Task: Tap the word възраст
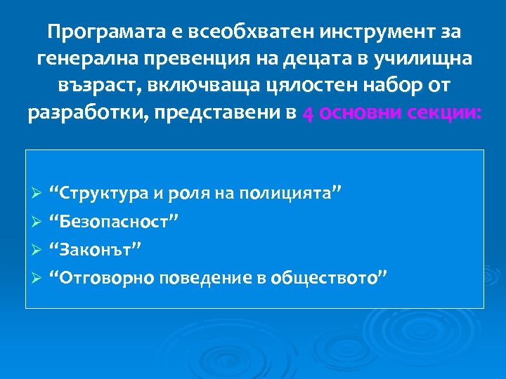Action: pyautogui.click(x=95, y=87)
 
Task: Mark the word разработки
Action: pyautogui.click(x=89, y=114)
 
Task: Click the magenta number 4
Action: pyautogui.click(x=308, y=114)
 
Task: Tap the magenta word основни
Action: pyautogui.click(x=354, y=114)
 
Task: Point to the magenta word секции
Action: pyautogui.click(x=439, y=114)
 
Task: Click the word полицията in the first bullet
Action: pyautogui.click(x=292, y=193)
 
